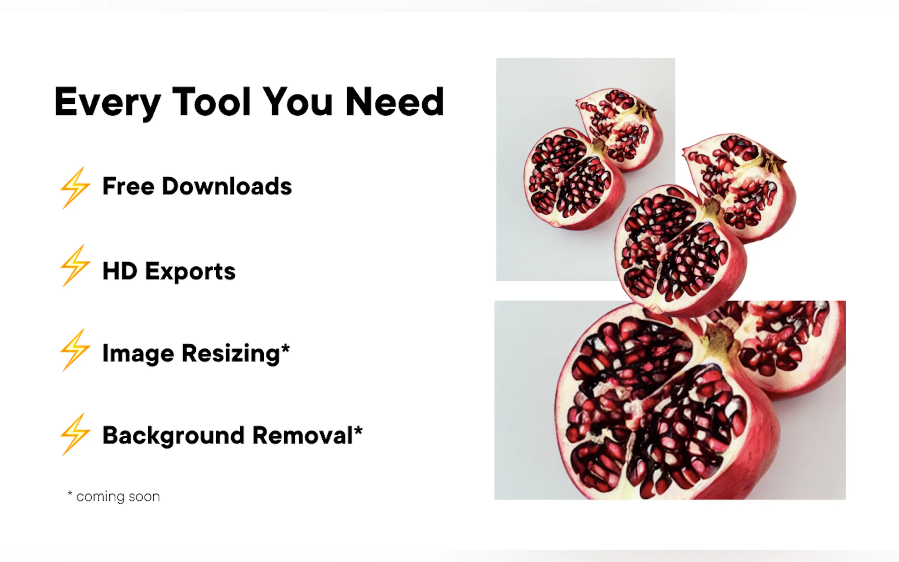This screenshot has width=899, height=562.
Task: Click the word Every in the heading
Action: (x=108, y=103)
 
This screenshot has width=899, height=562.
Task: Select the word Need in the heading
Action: (x=395, y=101)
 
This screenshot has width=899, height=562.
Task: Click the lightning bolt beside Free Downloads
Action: (x=75, y=188)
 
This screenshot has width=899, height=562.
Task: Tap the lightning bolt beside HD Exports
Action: (x=75, y=265)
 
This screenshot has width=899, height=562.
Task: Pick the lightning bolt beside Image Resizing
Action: (x=75, y=350)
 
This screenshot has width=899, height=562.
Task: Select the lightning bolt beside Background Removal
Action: (x=75, y=434)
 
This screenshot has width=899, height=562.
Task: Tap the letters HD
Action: (x=120, y=271)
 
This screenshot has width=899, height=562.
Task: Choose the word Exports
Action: (x=190, y=273)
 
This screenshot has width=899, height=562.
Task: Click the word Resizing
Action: (x=231, y=354)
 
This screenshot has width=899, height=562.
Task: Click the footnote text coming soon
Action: (x=118, y=497)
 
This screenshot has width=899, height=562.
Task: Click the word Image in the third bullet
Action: (x=138, y=354)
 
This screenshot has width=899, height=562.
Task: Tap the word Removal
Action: (x=303, y=435)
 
